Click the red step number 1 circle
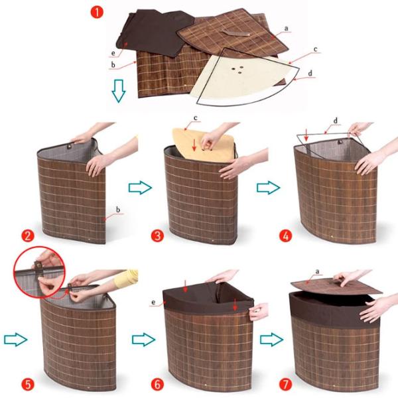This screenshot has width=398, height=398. (97, 12)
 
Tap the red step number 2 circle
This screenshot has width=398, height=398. (28, 236)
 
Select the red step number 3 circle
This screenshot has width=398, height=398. (157, 236)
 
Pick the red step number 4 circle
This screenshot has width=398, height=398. (285, 236)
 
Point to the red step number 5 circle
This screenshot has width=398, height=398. (28, 384)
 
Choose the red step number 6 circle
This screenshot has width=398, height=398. (157, 384)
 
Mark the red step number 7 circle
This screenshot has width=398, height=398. (285, 384)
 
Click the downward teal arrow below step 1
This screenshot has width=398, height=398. (119, 91)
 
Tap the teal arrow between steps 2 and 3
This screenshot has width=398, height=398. (140, 188)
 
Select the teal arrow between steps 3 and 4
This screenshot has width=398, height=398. (268, 188)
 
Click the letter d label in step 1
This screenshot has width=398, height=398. (310, 74)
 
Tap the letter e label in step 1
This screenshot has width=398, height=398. (113, 53)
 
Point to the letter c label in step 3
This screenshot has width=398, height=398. (195, 118)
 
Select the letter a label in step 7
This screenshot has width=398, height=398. (317, 272)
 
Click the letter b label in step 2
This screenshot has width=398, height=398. (118, 210)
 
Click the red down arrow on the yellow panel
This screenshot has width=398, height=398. (194, 145)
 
